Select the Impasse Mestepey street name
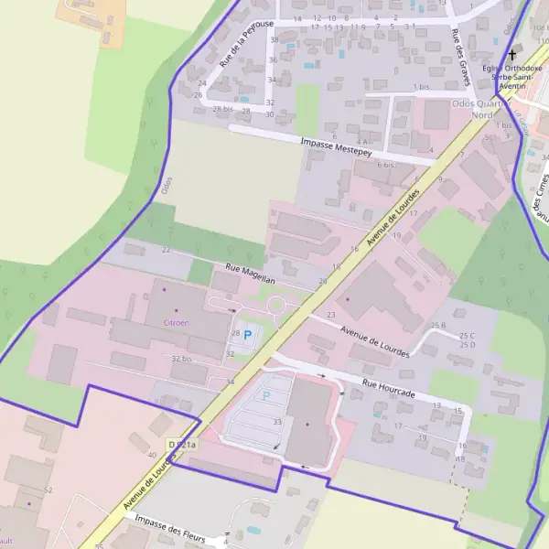tap(336, 145)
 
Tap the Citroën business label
tap(176, 323)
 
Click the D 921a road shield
tap(182, 445)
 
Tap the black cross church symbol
tap(511, 55)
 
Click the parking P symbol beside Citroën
tap(247, 335)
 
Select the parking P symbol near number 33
tap(266, 395)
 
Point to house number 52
tap(48, 490)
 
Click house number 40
tap(152, 454)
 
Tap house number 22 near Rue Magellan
tap(166, 250)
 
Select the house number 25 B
tap(437, 326)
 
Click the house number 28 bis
tap(223, 109)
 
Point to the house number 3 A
tap(363, 142)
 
